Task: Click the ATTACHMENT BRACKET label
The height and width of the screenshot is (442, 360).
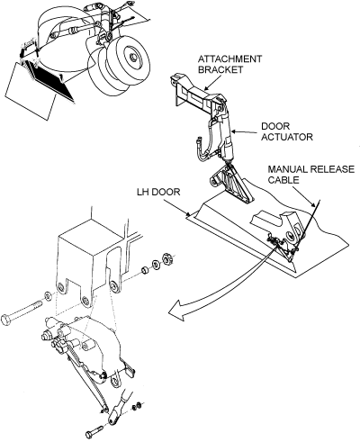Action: coord(229,64)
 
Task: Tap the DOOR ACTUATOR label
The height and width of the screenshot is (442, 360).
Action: coord(287,131)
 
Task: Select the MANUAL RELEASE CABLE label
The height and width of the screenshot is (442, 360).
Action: coord(310,175)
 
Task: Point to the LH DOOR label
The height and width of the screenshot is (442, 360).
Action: coord(158,192)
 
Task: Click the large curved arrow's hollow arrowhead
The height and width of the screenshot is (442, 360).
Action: coord(177,311)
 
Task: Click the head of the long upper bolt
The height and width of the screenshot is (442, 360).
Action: coord(6,320)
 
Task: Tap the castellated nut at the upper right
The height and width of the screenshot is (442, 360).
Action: coord(166,258)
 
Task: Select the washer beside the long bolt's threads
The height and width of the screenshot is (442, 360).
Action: coord(48,296)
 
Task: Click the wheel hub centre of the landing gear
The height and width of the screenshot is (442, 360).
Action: coord(131,57)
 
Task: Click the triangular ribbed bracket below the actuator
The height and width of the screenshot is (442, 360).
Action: coord(231,183)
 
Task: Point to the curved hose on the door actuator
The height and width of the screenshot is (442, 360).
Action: coord(202,144)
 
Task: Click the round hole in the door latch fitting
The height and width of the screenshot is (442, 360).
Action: coord(290,236)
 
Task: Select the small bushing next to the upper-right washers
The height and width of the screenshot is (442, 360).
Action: coord(145,270)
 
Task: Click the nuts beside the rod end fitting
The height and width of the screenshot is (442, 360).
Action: coord(137,406)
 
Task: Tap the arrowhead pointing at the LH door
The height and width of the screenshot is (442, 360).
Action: coord(188,214)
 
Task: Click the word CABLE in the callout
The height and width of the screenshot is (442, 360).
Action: coord(283,180)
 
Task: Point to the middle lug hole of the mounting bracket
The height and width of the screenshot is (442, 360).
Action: coord(85,301)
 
